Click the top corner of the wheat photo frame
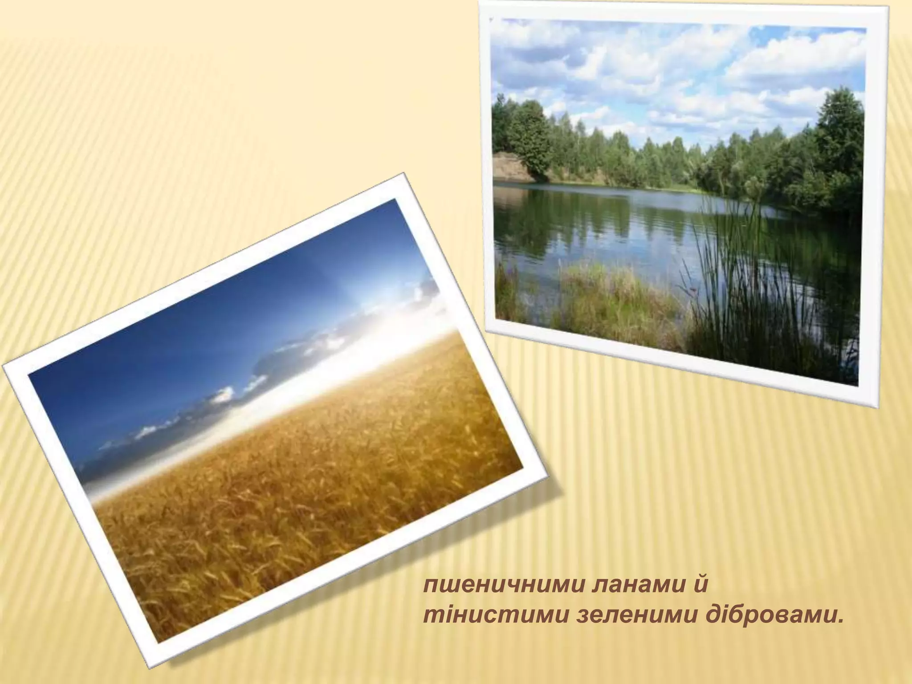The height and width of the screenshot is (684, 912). tap(404, 174)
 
